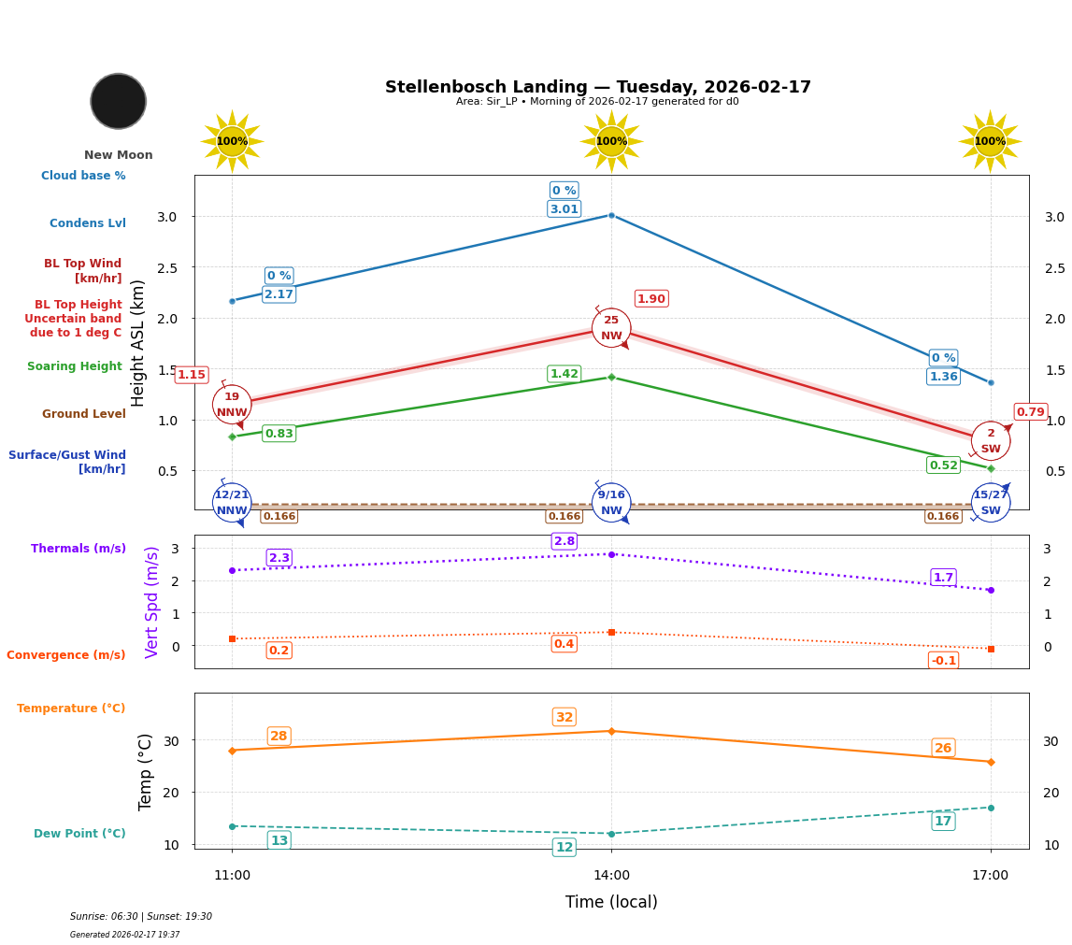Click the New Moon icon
point(119,101)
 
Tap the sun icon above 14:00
point(611,141)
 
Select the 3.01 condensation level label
point(564,209)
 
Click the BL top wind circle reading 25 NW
point(611,328)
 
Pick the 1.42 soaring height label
point(564,374)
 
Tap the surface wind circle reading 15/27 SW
point(991,503)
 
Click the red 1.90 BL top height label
point(650,299)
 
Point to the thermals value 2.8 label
point(565,541)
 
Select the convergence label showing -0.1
point(943,661)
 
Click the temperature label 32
point(565,718)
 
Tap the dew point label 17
point(943,821)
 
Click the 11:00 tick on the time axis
point(232,876)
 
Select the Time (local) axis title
point(611,902)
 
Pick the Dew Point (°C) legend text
point(79,834)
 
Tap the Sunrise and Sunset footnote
point(141,917)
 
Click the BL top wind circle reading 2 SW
point(991,441)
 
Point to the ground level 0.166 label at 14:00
point(564,516)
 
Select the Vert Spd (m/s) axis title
point(152,602)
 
